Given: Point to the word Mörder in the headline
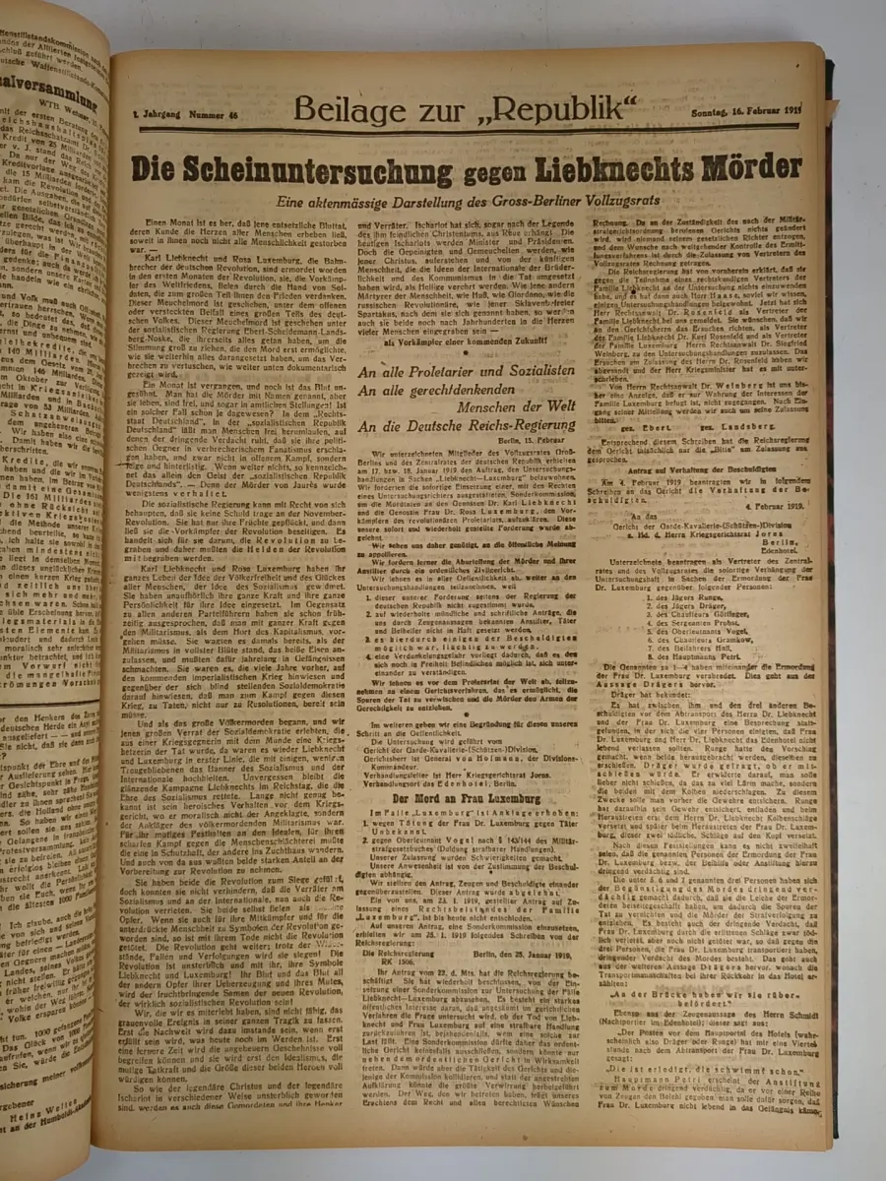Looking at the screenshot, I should click(753, 166).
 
